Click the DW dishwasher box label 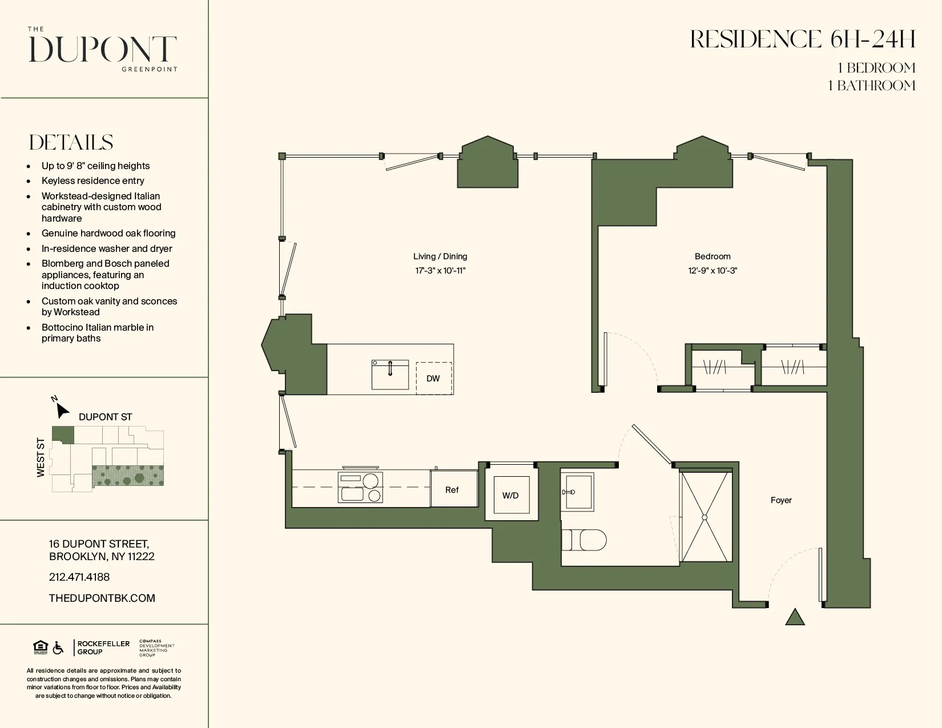pos(433,379)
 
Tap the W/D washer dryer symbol pos(511,496)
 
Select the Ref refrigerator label pos(452,490)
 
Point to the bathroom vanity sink pos(577,492)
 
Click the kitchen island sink pos(390,375)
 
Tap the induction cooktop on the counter pos(360,488)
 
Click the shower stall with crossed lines pos(705,517)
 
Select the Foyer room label pos(781,500)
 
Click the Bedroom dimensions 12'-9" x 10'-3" pos(712,271)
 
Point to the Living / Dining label pos(440,256)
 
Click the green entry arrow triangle pos(795,618)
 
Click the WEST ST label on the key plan pos(41,457)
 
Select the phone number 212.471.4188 pos(79,577)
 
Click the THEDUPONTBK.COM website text pos(102,598)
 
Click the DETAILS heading pos(71,142)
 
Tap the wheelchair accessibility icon pos(58,648)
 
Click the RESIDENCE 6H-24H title pos(802,39)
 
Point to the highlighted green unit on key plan pos(63,435)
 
